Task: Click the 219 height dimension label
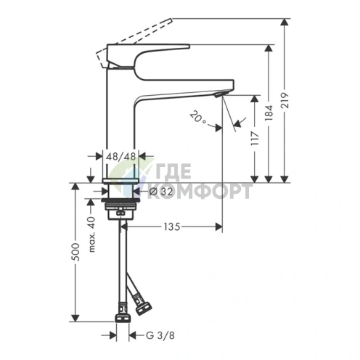click(285, 100)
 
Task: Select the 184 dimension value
click(269, 112)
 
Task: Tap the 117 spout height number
click(255, 138)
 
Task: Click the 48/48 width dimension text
click(121, 157)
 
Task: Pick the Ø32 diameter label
click(161, 192)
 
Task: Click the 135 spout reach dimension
click(172, 226)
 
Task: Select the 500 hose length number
click(75, 252)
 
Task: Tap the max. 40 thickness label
click(92, 234)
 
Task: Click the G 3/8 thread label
click(160, 335)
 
